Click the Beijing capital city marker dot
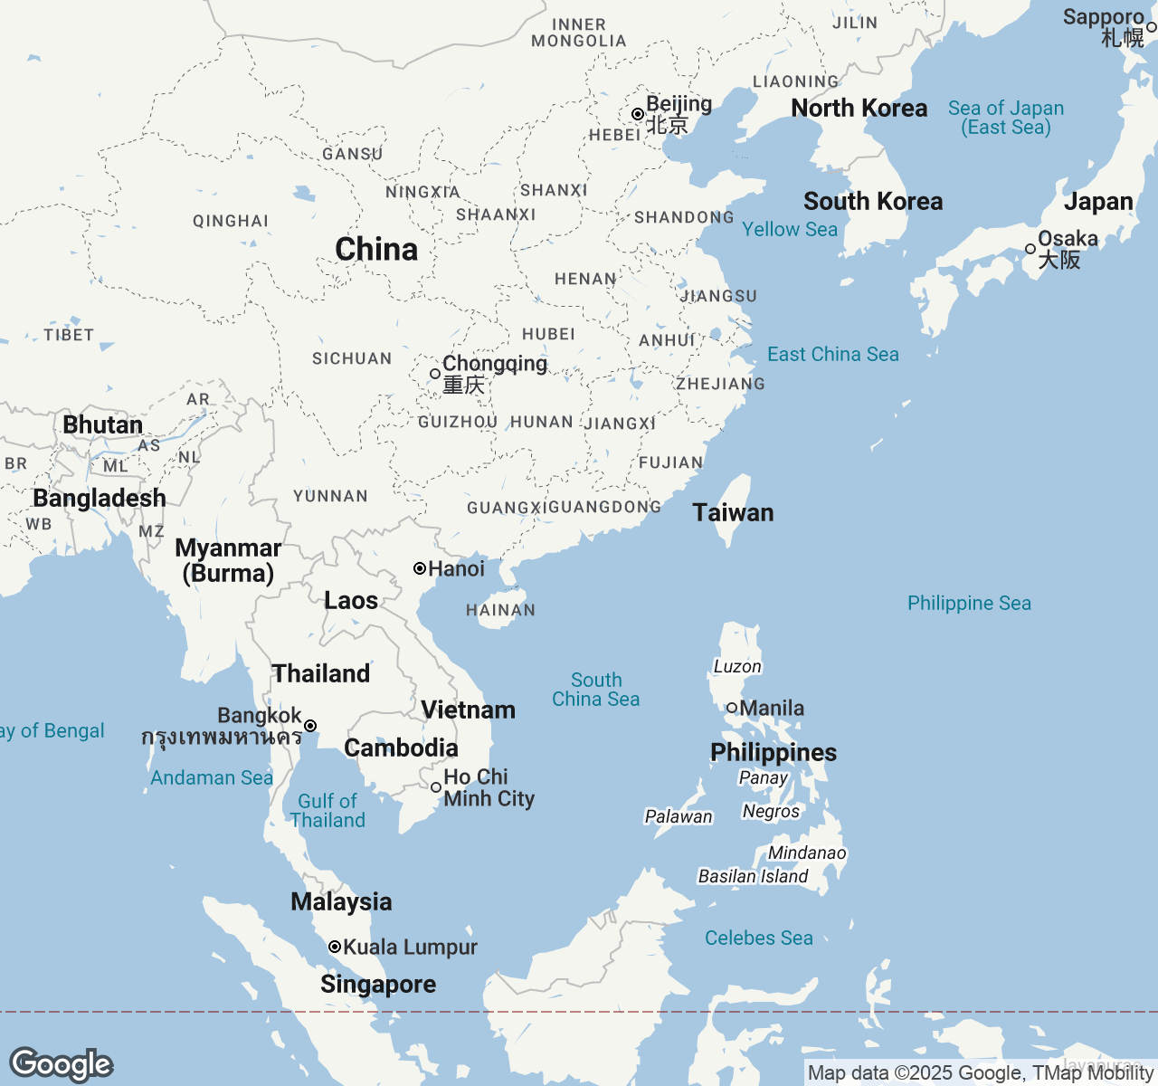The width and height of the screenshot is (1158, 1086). [x=638, y=114]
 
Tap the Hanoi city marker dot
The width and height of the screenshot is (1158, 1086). [x=420, y=568]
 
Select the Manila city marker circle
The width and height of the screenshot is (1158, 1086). [x=732, y=708]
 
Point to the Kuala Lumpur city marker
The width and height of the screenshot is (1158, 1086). [x=335, y=947]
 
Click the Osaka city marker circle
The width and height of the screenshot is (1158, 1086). [x=1030, y=249]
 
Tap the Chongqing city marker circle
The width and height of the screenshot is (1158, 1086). [x=435, y=374]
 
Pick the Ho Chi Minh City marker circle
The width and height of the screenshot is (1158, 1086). [x=436, y=787]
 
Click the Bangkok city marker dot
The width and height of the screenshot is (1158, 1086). [x=310, y=726]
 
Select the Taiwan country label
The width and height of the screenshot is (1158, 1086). [x=733, y=513]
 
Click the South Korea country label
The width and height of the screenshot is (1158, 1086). [x=873, y=201]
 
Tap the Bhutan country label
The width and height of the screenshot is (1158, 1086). [x=102, y=424]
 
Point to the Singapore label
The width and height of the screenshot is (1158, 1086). [x=378, y=984]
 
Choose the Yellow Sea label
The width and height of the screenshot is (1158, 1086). [x=790, y=230]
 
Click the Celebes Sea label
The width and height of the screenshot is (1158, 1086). [x=758, y=938]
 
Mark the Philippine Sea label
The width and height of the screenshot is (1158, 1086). [x=969, y=603]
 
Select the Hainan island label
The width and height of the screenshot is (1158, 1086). [x=500, y=610]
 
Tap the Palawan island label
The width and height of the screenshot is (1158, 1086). [x=679, y=816]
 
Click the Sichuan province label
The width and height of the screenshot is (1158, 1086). [x=352, y=358]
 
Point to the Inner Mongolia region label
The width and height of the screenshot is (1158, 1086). [x=579, y=33]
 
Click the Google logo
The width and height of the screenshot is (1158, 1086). [x=61, y=1064]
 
